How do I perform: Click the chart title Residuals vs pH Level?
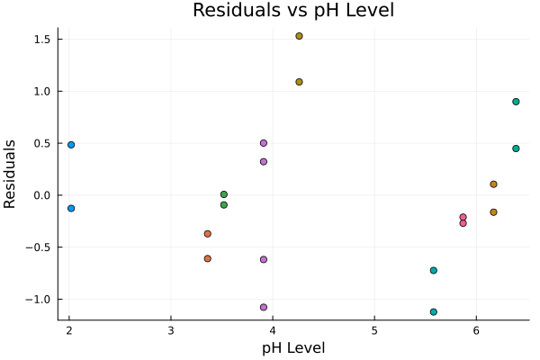click(x=293, y=11)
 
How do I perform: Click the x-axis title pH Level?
click(x=293, y=347)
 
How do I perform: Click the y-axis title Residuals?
click(x=11, y=174)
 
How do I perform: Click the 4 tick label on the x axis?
click(x=273, y=329)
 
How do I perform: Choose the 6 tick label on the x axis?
click(x=476, y=329)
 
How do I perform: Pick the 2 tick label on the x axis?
click(x=69, y=329)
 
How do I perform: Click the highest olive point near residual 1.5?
click(x=299, y=36)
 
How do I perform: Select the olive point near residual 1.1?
click(x=299, y=82)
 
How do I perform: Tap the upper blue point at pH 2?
click(x=71, y=145)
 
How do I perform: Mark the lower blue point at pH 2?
click(x=71, y=208)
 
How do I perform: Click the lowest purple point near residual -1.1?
click(x=264, y=307)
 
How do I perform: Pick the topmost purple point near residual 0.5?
click(x=264, y=143)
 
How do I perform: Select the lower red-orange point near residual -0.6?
click(x=208, y=258)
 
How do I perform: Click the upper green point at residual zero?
click(x=224, y=194)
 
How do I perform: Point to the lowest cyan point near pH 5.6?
click(x=434, y=312)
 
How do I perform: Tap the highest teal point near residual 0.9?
click(x=516, y=102)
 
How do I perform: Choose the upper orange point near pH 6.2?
click(x=493, y=184)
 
